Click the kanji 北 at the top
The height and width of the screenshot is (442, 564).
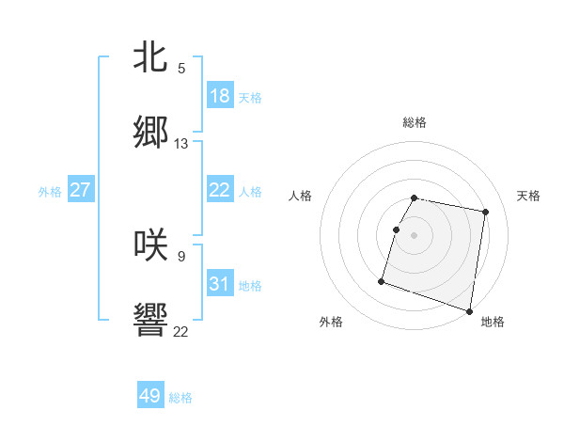pos(150,56)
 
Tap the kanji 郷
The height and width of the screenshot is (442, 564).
pos(150,133)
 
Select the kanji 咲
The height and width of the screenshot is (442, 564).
pos(150,244)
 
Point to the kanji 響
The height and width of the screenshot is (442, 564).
pos(150,321)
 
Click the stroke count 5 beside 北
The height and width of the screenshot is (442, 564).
pos(181,68)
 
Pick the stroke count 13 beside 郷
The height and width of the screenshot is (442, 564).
pos(181,144)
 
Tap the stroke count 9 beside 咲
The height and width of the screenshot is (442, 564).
pos(181,255)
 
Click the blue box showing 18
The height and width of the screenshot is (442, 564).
pos(220,96)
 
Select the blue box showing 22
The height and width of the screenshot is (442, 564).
pos(220,190)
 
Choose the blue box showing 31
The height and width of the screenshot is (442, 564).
pos(220,284)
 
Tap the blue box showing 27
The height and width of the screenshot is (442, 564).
pos(80,190)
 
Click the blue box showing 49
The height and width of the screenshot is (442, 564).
pos(150,396)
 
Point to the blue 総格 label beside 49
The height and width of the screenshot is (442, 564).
pos(180,398)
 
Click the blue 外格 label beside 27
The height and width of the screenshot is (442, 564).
pos(50,192)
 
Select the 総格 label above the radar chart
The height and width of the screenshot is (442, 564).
pos(415,122)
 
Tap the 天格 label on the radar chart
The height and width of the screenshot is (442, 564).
pos(528,196)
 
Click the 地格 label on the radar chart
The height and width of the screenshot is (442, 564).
pos(493,323)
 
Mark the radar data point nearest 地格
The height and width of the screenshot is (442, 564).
pos(468,310)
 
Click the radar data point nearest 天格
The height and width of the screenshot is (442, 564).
pos(485,213)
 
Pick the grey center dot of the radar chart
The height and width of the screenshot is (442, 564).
pos(415,235)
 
